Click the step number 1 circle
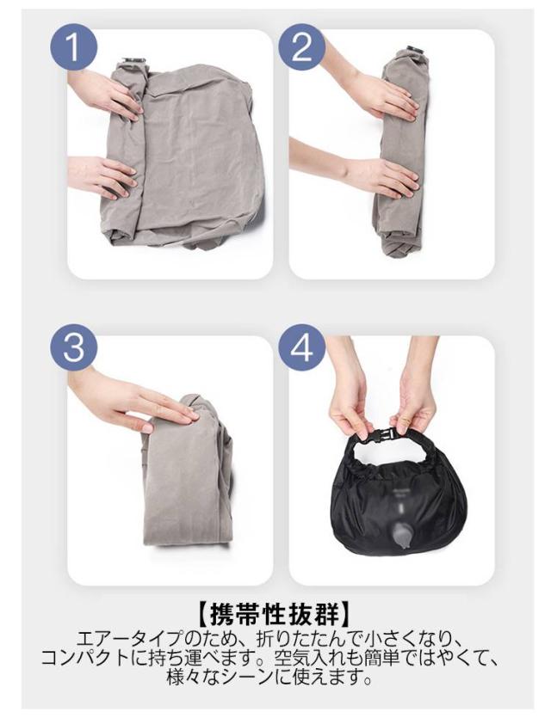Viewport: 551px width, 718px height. tap(73, 46)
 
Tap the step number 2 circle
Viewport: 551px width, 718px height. tap(301, 46)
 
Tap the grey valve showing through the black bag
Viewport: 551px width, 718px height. tap(402, 535)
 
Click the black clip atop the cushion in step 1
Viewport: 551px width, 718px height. tap(134, 61)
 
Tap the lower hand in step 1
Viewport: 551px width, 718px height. tap(104, 177)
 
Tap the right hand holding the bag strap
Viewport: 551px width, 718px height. tap(416, 394)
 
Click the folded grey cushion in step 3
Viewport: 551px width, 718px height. tap(187, 472)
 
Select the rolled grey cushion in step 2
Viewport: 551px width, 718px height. tap(399, 156)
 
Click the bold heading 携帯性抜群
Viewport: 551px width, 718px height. tap(275, 615)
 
